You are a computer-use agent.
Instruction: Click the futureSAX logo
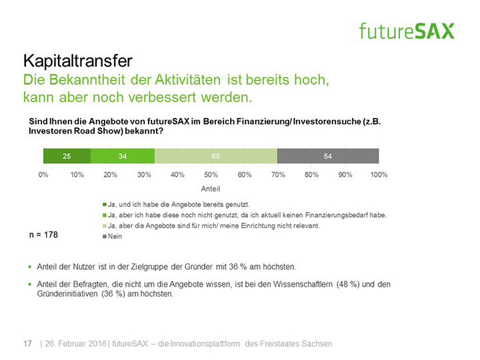pos(406,31)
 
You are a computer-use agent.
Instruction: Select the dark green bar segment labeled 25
pos(67,156)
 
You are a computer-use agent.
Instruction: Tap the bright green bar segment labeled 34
pos(122,156)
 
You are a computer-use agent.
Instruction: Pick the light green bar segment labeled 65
pos(215,156)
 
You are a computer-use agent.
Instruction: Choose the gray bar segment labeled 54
pos(327,156)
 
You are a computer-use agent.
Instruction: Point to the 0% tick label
pos(43,175)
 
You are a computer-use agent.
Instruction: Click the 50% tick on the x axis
pos(211,175)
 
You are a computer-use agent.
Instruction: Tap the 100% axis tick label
pos(378,175)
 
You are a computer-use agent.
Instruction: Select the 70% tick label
pos(278,175)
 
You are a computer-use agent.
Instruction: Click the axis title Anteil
pos(211,189)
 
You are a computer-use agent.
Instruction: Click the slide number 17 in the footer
pos(28,343)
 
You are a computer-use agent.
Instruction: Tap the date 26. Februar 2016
pos(75,343)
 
